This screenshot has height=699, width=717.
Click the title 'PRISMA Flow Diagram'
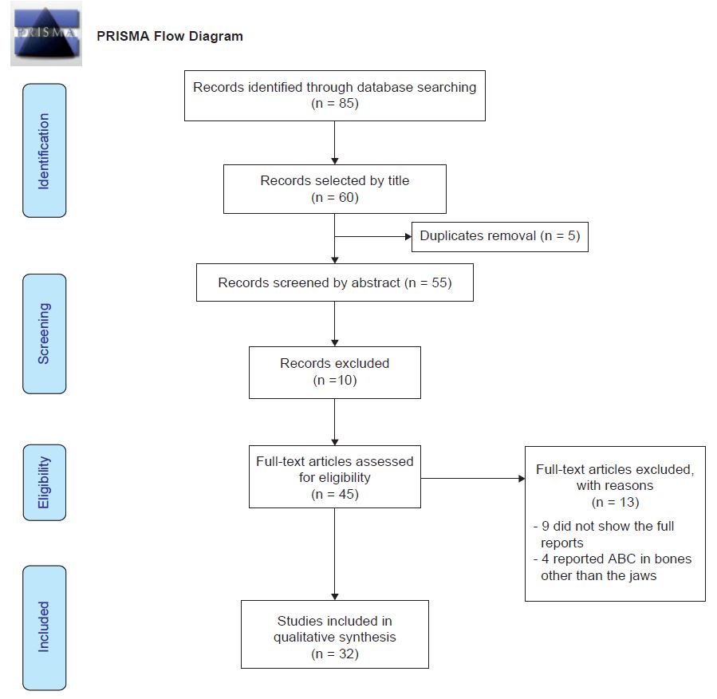[170, 37]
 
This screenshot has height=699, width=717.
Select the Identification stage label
[44, 151]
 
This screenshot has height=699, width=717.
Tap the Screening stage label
[44, 334]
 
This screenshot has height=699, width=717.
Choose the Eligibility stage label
[44, 482]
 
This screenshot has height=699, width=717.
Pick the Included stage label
[44, 627]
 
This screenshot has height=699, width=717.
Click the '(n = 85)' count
[334, 103]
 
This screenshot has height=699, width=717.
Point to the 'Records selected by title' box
[334, 189]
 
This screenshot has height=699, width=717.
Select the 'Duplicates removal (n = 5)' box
[499, 236]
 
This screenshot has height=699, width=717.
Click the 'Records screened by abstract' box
[334, 282]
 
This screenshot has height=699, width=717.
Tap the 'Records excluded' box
[334, 372]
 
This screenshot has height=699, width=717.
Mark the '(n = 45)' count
[334, 495]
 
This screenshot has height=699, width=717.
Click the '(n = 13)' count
[615, 503]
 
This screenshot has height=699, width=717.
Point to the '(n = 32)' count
[334, 654]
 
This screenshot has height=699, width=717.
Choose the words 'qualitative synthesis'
[334, 637]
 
